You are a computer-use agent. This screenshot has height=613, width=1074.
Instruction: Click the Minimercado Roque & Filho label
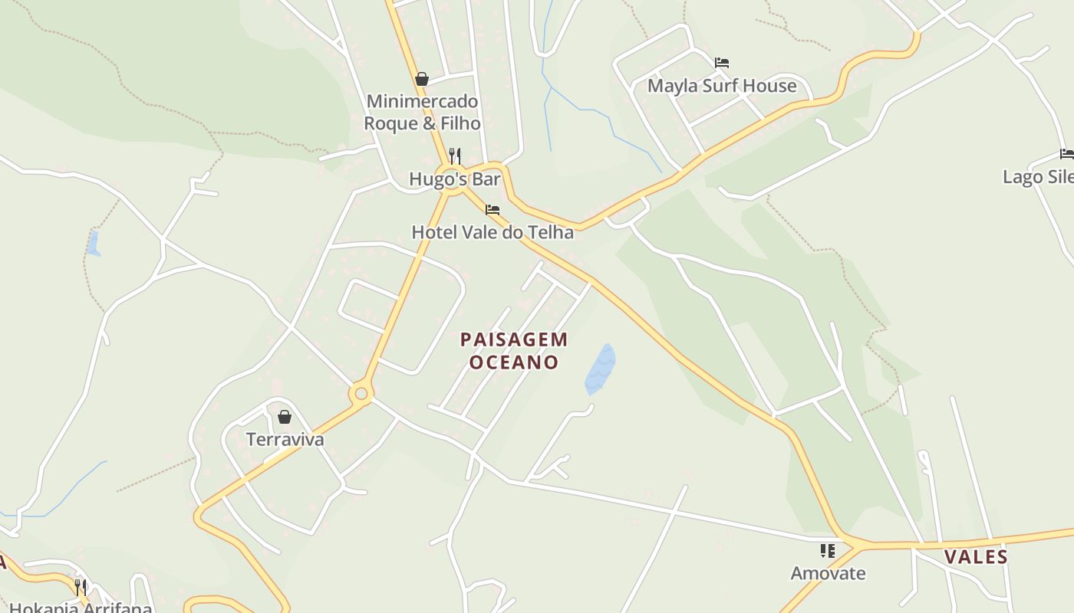(x=422, y=112)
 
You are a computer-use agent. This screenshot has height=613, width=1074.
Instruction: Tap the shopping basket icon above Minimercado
(x=421, y=79)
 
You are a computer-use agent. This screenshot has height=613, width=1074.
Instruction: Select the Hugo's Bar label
(x=454, y=179)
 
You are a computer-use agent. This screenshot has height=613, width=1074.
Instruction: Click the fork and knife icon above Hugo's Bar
(x=455, y=156)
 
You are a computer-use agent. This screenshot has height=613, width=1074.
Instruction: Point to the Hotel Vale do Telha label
(x=493, y=232)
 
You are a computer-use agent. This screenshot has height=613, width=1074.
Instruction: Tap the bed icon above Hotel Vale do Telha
(x=493, y=209)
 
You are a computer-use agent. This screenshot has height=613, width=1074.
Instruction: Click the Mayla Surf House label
(x=722, y=86)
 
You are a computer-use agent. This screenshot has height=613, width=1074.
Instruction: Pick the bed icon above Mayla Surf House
(x=721, y=63)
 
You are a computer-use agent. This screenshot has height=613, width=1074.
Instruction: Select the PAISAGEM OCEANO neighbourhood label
(x=514, y=350)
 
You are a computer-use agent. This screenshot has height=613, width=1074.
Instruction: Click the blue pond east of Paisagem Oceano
(x=600, y=369)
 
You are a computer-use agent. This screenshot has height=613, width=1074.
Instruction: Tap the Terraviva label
(x=285, y=440)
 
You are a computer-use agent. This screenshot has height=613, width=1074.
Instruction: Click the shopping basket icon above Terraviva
(x=285, y=417)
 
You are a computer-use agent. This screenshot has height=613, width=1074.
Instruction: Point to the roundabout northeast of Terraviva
(x=361, y=394)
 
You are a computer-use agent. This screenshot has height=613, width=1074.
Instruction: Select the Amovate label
(x=828, y=573)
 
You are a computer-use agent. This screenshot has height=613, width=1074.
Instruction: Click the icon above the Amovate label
(x=828, y=550)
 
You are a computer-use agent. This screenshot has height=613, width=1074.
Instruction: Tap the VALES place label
(x=976, y=557)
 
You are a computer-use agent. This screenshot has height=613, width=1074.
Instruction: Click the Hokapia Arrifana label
(x=81, y=608)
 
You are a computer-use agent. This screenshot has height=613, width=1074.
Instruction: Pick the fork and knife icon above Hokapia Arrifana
(x=81, y=587)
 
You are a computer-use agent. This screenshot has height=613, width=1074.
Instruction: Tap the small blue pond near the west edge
(x=93, y=243)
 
